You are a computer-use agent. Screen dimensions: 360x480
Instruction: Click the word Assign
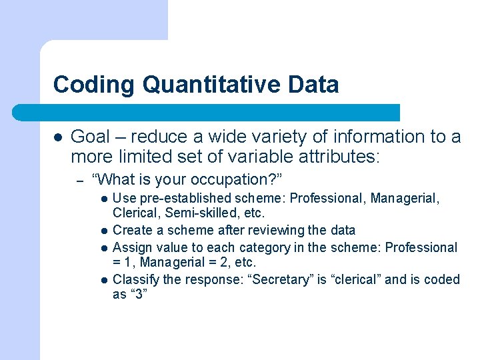coord(131,247)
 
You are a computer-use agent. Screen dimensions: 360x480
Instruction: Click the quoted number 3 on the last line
coord(138,295)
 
